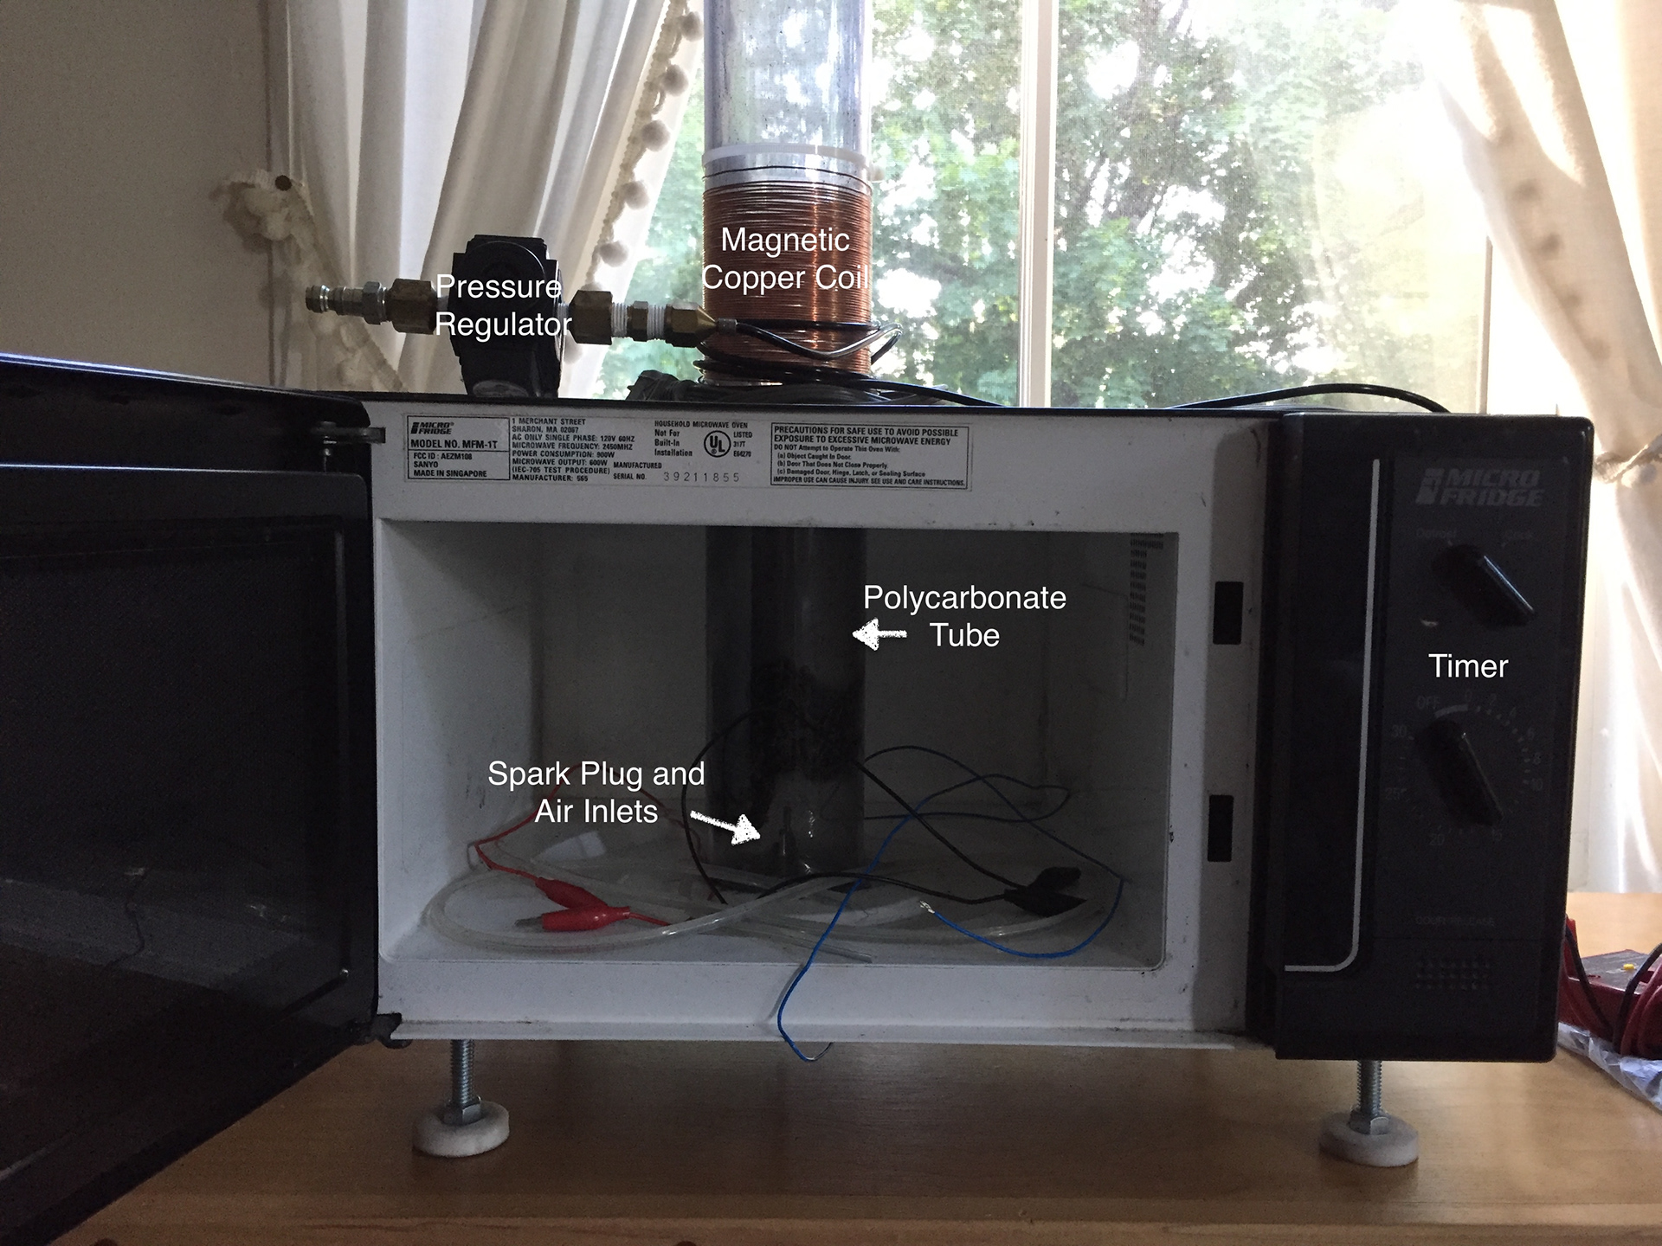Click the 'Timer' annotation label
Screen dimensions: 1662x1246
1468,666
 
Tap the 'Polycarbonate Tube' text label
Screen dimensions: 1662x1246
964,616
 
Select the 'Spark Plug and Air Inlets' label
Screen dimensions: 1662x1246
596,792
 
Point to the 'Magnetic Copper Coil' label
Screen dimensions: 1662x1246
784,258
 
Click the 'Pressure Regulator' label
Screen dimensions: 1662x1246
502,305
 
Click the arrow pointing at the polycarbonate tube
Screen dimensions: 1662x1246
879,634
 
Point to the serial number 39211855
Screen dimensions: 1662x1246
701,477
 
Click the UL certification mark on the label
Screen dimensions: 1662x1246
716,444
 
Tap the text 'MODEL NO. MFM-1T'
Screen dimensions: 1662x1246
454,444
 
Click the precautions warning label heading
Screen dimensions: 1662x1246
866,435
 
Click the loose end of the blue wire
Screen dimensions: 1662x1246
814,1056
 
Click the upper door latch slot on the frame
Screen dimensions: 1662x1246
1227,613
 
